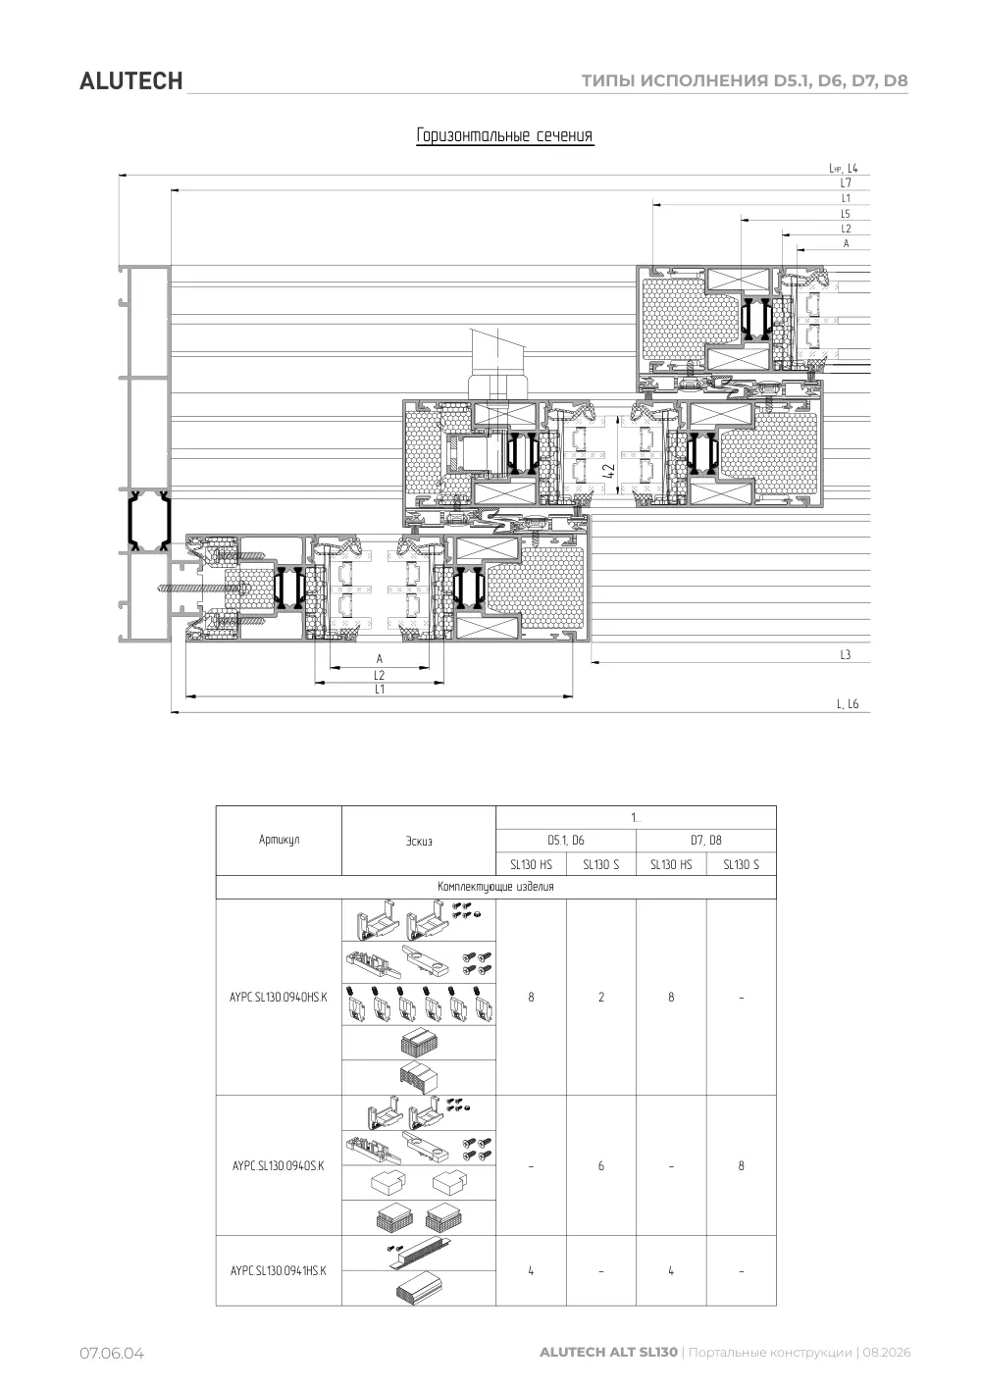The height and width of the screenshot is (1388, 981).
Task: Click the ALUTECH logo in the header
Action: coord(130,81)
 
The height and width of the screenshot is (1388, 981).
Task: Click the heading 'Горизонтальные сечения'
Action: coord(504,135)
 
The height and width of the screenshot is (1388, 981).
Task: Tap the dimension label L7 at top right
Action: coord(846,182)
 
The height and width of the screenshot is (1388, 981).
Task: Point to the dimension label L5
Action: coord(846,214)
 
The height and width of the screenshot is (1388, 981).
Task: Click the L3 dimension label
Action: coord(846,655)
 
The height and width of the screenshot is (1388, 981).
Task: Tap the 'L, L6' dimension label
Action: coord(848,704)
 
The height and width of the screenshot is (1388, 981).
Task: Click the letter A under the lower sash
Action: coord(380,658)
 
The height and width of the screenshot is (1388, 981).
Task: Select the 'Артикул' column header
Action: coord(279,840)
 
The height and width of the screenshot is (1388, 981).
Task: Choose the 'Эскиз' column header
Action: coord(418,841)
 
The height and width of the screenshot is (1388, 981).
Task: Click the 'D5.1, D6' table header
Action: coord(566,841)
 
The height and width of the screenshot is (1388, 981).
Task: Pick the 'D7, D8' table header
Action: coord(706,841)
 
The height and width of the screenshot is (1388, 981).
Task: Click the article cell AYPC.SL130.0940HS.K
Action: coord(279,997)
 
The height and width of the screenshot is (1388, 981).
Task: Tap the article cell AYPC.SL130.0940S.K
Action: coord(279,1165)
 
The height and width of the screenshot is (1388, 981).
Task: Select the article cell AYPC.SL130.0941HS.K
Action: coord(279,1270)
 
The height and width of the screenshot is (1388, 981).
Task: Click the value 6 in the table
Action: coord(601,1165)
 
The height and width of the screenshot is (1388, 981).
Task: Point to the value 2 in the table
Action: coord(601,997)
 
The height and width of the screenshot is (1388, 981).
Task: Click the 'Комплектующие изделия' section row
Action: coord(495,887)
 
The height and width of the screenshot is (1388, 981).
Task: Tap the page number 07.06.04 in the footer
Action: coord(112,1353)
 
